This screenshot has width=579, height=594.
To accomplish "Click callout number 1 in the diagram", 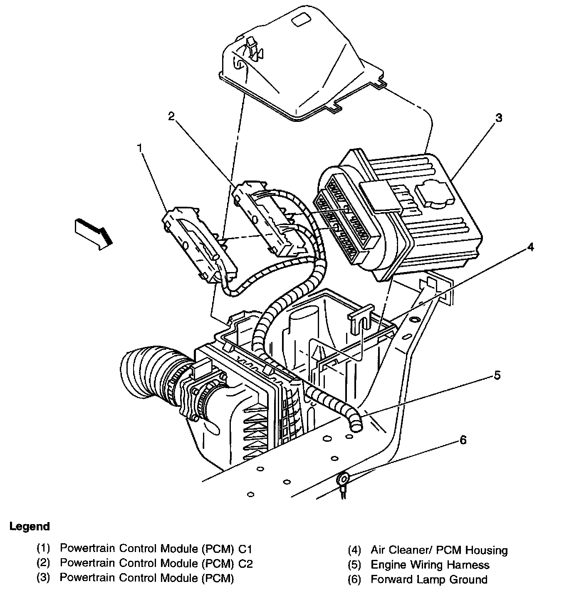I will click(x=140, y=148).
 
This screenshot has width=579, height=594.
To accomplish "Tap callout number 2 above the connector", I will click(x=171, y=116).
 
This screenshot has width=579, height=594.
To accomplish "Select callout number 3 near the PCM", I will click(x=498, y=118).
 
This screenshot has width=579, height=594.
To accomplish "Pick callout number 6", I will click(x=463, y=440).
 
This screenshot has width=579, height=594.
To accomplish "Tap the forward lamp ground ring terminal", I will click(x=344, y=479).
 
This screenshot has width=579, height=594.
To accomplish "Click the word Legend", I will click(x=30, y=526).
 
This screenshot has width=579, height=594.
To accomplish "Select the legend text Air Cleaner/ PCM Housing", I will click(x=439, y=550).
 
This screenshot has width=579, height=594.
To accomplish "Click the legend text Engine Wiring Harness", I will click(x=430, y=565).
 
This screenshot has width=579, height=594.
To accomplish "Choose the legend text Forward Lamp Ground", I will click(x=429, y=579).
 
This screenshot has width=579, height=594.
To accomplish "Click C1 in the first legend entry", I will click(x=245, y=549).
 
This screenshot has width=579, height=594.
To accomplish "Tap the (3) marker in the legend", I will click(x=43, y=578).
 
